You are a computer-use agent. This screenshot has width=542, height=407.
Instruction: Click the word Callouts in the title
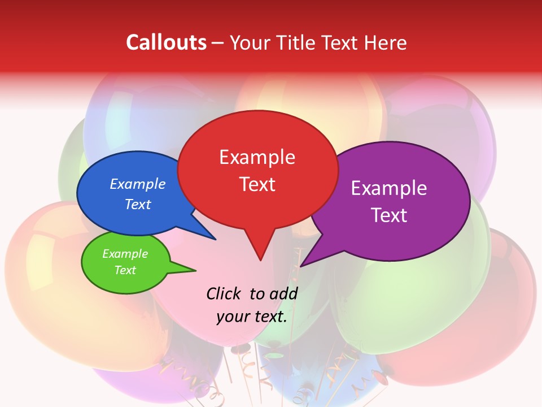(166, 42)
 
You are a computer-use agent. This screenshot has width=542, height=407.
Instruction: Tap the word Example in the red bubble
(257, 157)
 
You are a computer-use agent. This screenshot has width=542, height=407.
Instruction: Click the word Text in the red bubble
(257, 184)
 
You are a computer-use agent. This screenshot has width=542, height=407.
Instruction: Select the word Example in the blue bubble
(138, 184)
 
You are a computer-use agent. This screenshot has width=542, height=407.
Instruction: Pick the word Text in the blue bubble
(138, 204)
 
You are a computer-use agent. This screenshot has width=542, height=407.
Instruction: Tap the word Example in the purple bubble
(389, 188)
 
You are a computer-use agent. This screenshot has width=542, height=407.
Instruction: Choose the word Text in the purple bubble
(389, 215)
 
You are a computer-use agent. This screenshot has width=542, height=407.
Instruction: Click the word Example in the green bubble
(125, 254)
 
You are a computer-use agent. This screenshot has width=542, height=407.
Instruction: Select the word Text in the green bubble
(125, 270)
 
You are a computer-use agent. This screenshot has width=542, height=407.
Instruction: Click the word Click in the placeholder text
(223, 293)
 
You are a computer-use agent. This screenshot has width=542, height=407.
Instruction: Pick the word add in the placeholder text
(283, 293)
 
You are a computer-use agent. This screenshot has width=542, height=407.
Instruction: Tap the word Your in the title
(248, 42)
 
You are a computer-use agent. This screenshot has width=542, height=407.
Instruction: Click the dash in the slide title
(218, 43)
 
